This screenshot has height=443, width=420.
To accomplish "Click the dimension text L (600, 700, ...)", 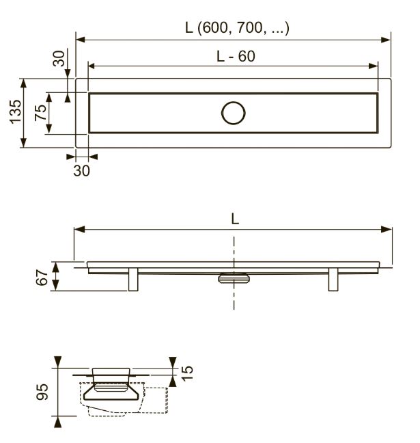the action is click(237, 28).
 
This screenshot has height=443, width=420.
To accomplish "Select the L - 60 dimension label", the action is click(236, 56).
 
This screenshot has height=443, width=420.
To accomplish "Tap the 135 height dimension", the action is click(16, 112).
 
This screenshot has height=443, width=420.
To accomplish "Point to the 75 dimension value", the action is click(40, 112).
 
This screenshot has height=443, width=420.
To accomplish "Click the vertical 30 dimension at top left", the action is click(59, 59).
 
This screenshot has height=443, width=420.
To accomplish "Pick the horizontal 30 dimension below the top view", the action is click(81, 171).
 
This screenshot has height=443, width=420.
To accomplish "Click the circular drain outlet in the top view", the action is click(234, 113).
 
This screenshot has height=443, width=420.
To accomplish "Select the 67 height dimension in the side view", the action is click(42, 278).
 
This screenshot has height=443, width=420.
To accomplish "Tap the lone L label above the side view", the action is click(235, 219).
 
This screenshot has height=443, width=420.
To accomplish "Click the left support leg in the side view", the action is click(133, 280).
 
